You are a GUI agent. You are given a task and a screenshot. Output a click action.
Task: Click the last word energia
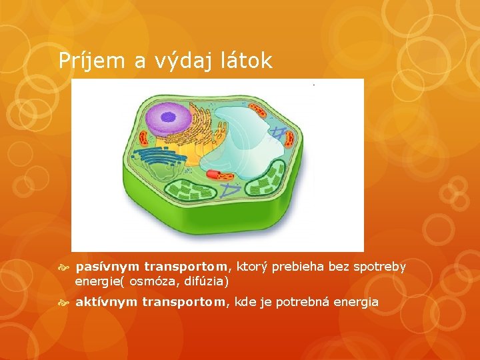pos(357,302)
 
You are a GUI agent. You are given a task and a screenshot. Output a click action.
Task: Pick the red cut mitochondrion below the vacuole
pos(219,175)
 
